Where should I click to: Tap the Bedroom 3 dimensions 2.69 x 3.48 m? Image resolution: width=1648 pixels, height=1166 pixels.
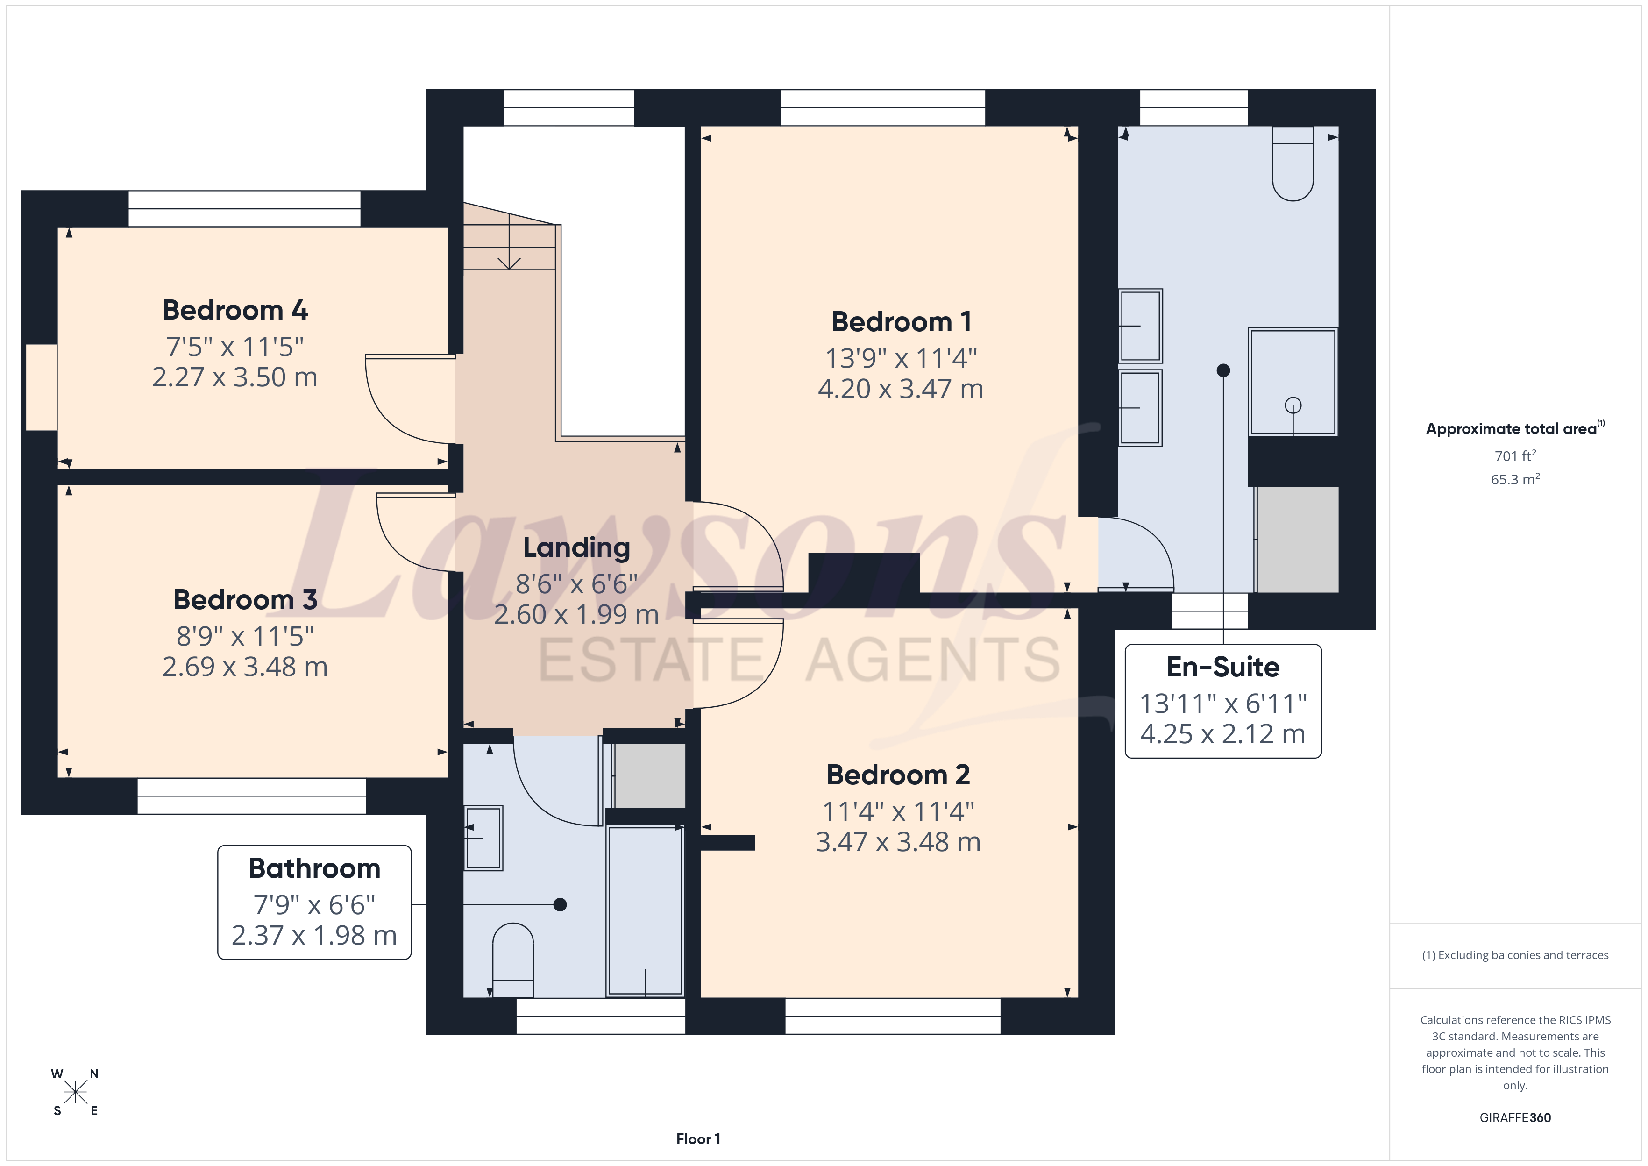(245, 667)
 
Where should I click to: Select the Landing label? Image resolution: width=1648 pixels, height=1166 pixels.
(576, 548)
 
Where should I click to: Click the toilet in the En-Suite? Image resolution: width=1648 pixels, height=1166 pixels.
(1293, 164)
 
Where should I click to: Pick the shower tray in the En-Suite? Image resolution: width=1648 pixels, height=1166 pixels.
(1293, 382)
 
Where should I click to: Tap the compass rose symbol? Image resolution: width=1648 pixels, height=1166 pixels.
(75, 1093)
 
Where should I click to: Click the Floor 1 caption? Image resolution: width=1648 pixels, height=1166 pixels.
(698, 1139)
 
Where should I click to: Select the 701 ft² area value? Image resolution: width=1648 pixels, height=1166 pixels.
(1515, 456)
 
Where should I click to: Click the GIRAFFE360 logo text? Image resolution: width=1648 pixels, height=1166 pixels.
(1515, 1118)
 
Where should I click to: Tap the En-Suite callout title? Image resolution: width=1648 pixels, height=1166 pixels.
(1223, 667)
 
